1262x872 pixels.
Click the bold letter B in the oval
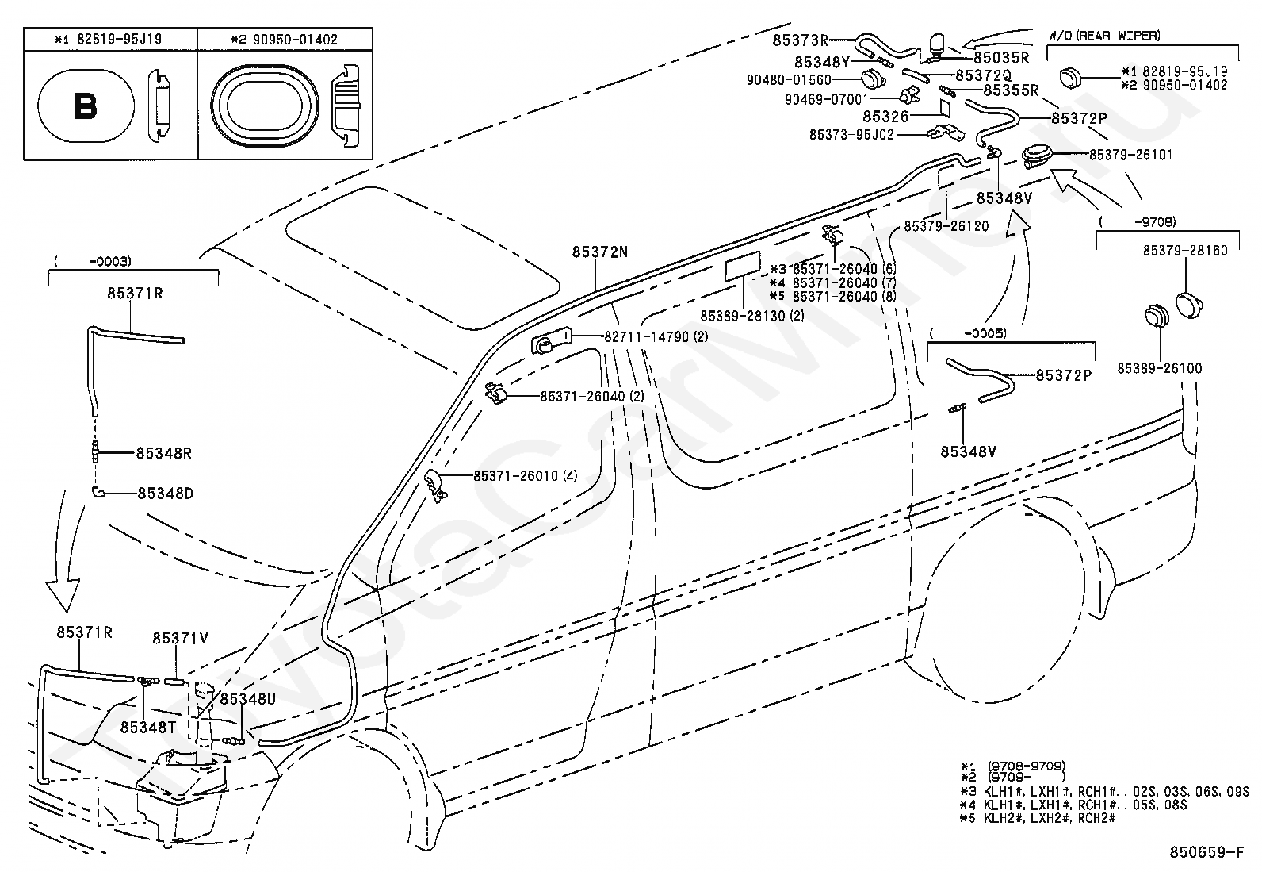86,106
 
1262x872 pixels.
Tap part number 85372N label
600,252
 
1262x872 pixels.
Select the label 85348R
164,454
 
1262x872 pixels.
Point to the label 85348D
166,494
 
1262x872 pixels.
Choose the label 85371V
180,638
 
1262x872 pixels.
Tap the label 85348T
148,728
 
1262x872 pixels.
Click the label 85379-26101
1130,155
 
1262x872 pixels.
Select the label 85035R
1002,58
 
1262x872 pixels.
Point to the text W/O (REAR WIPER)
1104,36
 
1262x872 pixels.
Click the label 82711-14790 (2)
656,336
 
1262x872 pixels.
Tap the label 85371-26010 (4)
526,476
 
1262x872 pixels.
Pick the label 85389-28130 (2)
753,315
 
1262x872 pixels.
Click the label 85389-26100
1160,368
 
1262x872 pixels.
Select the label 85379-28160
1185,251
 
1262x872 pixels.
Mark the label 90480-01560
789,80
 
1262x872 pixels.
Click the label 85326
886,116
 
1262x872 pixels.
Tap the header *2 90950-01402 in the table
285,40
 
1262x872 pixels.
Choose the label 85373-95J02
852,135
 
